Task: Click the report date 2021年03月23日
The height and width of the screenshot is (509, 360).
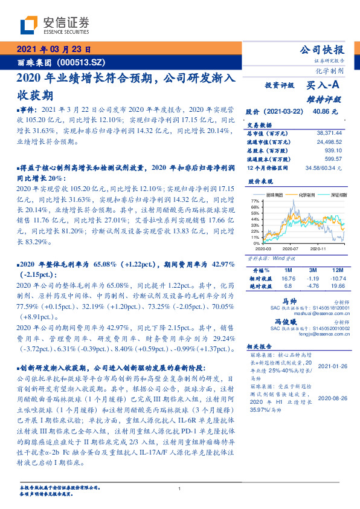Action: (53, 50)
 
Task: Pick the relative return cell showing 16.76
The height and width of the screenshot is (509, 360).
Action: (287, 278)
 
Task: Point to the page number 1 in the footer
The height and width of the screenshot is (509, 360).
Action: (179, 488)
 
